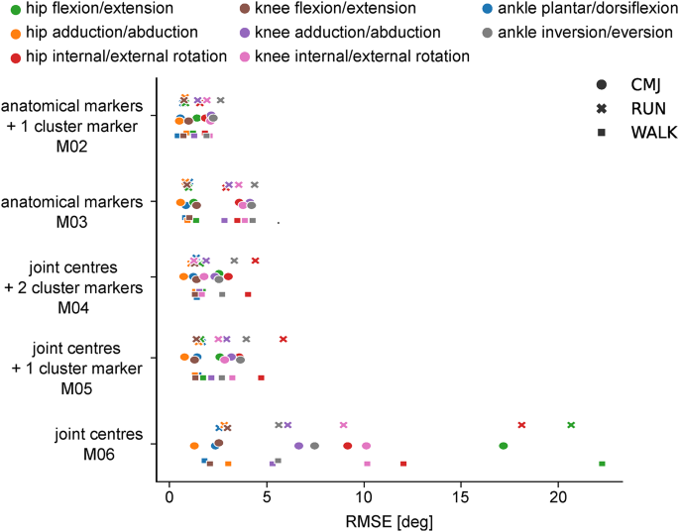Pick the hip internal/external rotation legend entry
click(x=105, y=56)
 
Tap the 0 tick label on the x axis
click(x=170, y=494)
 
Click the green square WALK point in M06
click(x=602, y=463)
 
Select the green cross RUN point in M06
click(x=571, y=424)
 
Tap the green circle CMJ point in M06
click(x=504, y=446)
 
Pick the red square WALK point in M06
click(x=403, y=463)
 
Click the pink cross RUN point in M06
click(x=343, y=424)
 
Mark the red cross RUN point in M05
click(x=283, y=339)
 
